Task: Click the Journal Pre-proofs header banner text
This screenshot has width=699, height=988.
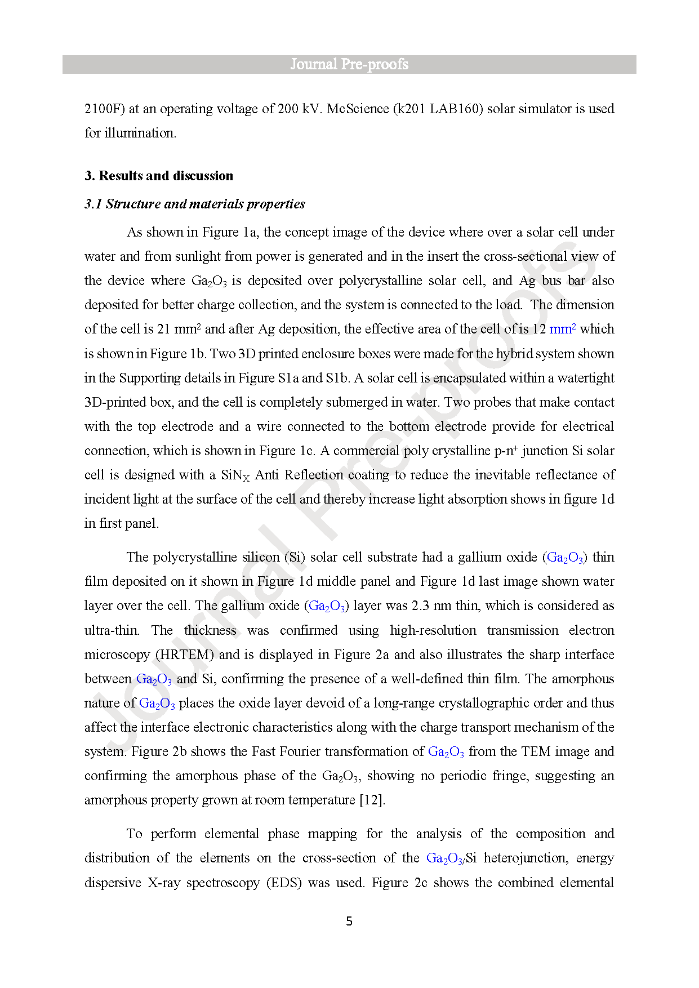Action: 349,64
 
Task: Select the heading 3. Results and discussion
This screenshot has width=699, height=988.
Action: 159,176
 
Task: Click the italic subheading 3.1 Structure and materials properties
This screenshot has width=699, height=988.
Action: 195,204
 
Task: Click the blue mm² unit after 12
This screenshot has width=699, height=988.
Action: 562,329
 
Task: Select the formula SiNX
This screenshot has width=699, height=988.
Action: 235,475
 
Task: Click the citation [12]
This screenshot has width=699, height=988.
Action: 372,800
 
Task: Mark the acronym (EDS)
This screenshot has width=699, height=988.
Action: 284,883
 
